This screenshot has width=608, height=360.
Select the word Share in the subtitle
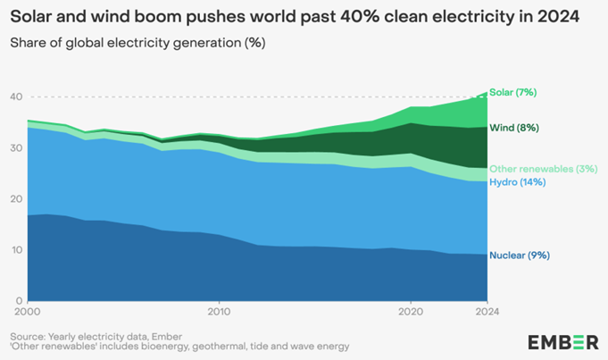(26, 42)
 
